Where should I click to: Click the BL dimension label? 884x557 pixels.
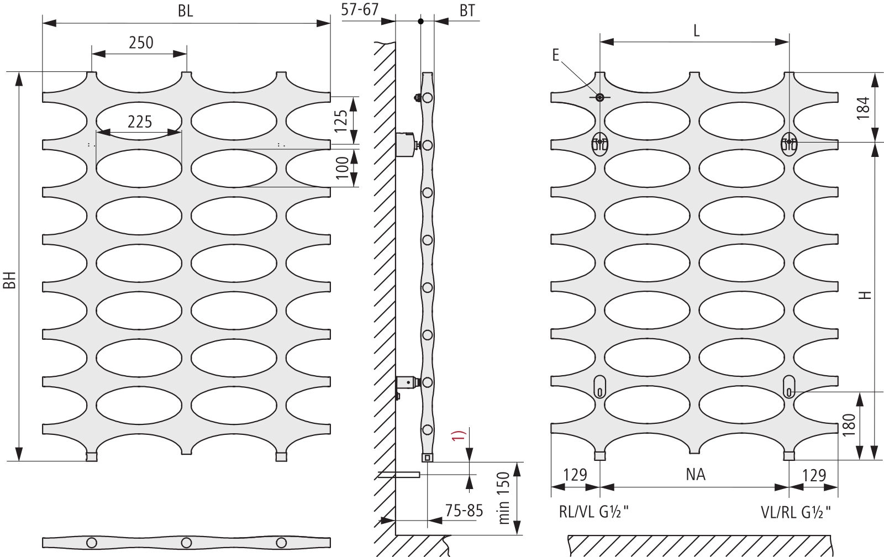coord(186,11)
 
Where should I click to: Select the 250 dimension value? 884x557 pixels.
coord(141,43)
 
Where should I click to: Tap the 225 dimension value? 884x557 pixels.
coord(140,122)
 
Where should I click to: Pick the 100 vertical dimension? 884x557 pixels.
coord(342,168)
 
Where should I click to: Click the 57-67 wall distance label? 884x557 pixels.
coord(360,9)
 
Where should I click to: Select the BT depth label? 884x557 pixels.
coord(467,10)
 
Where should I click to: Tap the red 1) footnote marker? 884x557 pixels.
coord(459,436)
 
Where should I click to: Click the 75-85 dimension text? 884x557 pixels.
coord(464,511)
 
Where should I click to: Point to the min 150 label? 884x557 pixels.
coord(504,498)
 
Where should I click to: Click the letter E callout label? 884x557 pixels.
coord(556,55)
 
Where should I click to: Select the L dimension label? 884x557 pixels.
coord(697,31)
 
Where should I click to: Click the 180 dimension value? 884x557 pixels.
coord(849,425)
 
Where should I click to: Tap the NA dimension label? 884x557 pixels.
coord(696,475)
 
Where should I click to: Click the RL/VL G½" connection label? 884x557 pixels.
coord(593,512)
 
